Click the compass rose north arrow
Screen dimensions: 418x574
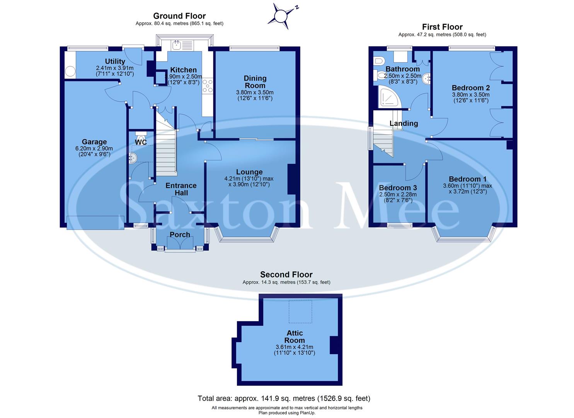[281, 16]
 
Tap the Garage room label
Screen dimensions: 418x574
[94, 142]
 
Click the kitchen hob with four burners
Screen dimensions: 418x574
[207, 86]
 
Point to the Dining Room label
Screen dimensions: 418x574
[255, 82]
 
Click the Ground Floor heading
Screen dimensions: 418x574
[179, 16]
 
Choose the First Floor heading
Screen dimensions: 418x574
[442, 27]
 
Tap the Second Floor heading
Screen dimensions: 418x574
[286, 275]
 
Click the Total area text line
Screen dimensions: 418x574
[284, 398]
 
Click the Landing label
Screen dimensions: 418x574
[404, 123]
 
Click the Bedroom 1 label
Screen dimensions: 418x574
[467, 179]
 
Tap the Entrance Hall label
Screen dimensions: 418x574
[181, 189]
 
